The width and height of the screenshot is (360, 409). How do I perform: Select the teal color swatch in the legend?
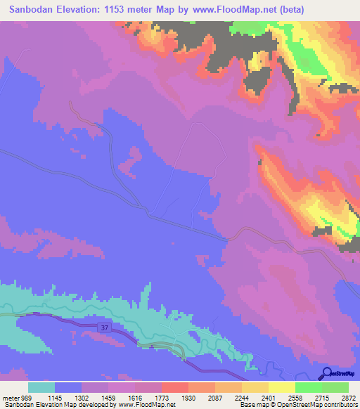[x=41, y=388]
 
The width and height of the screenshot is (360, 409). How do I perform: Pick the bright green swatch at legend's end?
[x=335, y=388]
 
